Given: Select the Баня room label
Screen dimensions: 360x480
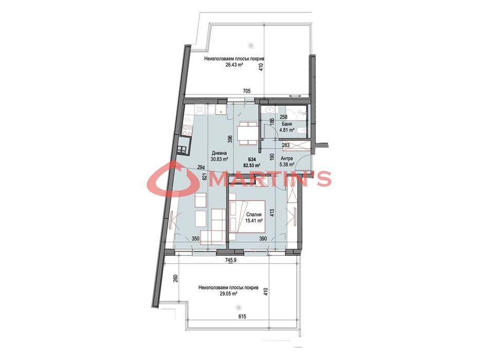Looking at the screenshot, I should [287, 124].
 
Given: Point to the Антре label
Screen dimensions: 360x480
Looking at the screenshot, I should [287, 158].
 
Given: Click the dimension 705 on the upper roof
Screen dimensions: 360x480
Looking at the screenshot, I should [246, 92].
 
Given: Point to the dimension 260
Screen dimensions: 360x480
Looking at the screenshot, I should [175, 280].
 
